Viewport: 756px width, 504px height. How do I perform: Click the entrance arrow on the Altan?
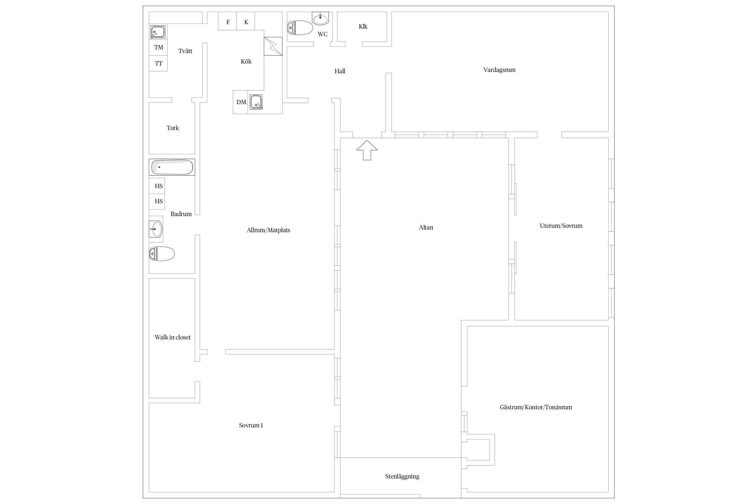click(367, 150)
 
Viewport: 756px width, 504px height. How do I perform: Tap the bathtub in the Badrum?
click(172, 167)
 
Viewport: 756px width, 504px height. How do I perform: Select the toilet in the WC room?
click(300, 28)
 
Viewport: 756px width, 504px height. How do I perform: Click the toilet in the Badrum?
click(162, 254)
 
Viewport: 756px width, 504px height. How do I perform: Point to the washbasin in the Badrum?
click(156, 229)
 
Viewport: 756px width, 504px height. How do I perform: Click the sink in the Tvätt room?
click(158, 32)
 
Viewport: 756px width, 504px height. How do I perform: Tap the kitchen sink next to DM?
click(256, 102)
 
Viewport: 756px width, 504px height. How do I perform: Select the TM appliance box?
click(158, 47)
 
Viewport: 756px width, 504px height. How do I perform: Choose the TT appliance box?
click(158, 64)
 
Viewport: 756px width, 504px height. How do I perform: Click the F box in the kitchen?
click(227, 21)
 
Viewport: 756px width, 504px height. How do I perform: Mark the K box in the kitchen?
click(246, 21)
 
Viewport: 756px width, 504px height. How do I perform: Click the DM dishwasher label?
click(241, 102)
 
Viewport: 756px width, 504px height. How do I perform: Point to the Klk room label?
click(363, 27)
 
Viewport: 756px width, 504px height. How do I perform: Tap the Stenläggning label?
click(402, 476)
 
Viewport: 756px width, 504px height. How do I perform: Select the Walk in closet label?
click(173, 337)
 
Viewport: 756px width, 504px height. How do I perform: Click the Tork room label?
click(173, 128)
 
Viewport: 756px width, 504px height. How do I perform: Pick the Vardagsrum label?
click(499, 70)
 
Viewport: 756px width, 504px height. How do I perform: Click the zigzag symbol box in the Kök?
click(273, 46)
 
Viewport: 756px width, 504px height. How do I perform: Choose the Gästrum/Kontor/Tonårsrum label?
click(536, 407)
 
